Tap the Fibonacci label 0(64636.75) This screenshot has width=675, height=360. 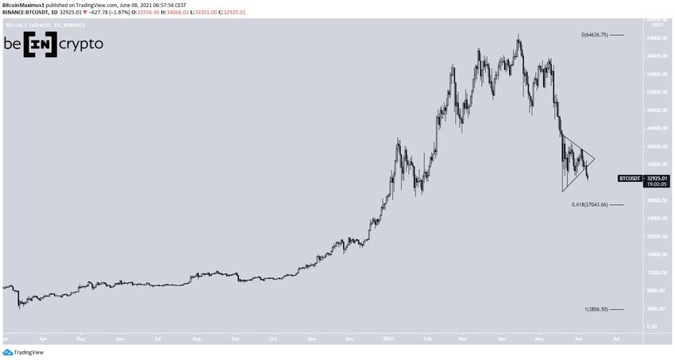point(594,35)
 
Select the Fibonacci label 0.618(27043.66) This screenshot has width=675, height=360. point(589,205)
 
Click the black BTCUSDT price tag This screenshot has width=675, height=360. point(631,179)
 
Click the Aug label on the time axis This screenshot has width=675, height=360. point(196,337)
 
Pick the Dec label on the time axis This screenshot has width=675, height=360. point(349,337)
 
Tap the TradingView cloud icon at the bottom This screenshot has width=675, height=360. point(8,352)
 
